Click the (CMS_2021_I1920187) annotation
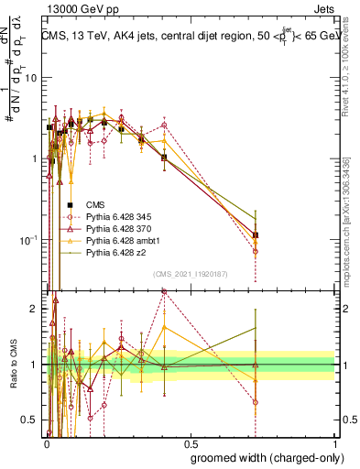[190, 274]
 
